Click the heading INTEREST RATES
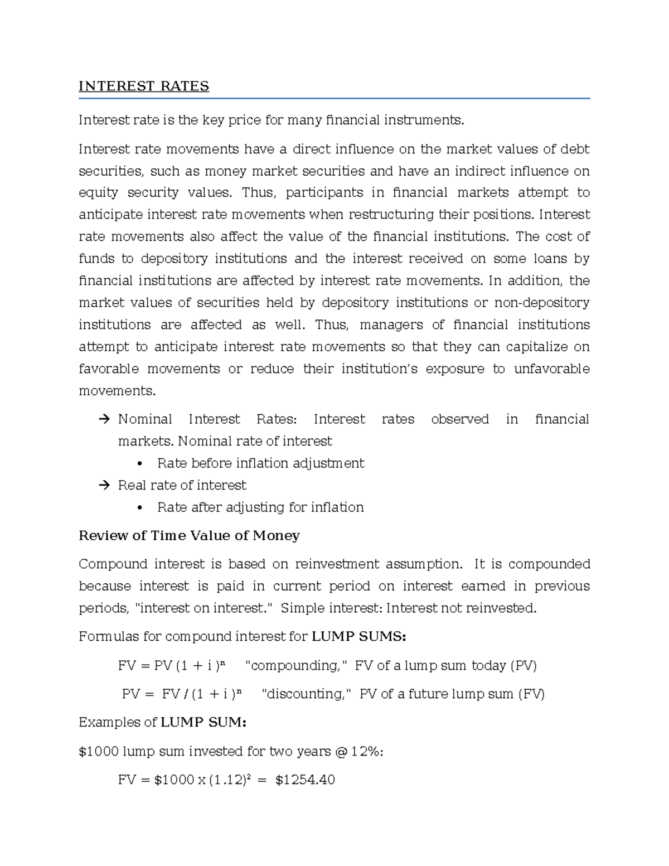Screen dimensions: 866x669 (x=144, y=86)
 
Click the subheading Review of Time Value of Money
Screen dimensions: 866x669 (x=189, y=536)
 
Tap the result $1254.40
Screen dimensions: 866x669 (x=305, y=780)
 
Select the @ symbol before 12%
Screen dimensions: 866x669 (x=341, y=751)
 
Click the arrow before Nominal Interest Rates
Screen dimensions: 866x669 (x=104, y=419)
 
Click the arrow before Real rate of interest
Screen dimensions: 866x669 (x=104, y=486)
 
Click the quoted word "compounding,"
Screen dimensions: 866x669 (x=296, y=666)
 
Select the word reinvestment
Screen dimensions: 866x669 (x=341, y=564)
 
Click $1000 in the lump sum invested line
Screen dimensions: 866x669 (x=99, y=751)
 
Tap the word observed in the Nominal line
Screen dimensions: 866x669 (x=459, y=419)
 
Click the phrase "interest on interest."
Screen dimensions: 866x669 (x=204, y=608)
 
